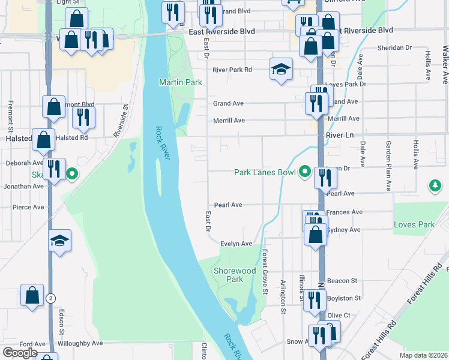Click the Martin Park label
tap(180, 82)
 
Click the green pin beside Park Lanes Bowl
tap(305, 173)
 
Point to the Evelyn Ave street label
tap(236, 244)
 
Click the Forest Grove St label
tap(264, 272)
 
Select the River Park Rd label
tap(232, 70)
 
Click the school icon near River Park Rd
tap(280, 70)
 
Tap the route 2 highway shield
tap(51, 298)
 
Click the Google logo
tap(20, 353)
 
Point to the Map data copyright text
tap(423, 355)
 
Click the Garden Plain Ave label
tap(388, 166)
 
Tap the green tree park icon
tap(435, 187)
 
